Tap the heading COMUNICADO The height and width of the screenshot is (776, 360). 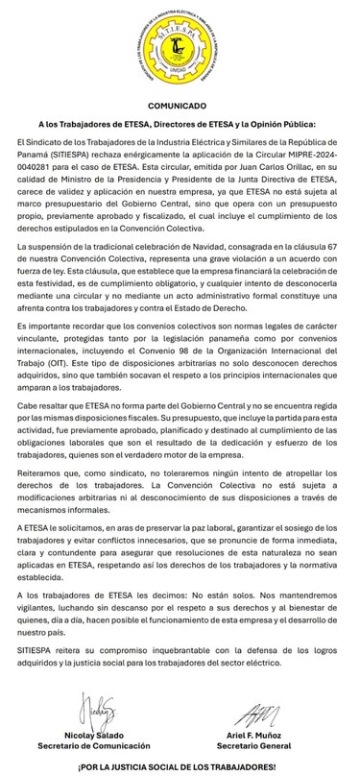[180, 106]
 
